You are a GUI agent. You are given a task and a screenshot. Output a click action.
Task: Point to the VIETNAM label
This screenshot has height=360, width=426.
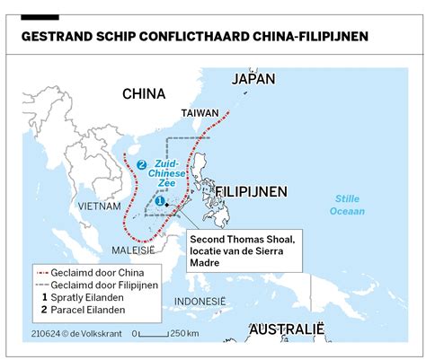pyautogui.click(x=99, y=206)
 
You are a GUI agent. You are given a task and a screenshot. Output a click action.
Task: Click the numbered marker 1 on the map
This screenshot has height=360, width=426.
pyautogui.click(x=159, y=202)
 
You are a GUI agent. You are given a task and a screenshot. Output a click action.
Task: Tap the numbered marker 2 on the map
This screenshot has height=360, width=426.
pyautogui.click(x=141, y=163)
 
